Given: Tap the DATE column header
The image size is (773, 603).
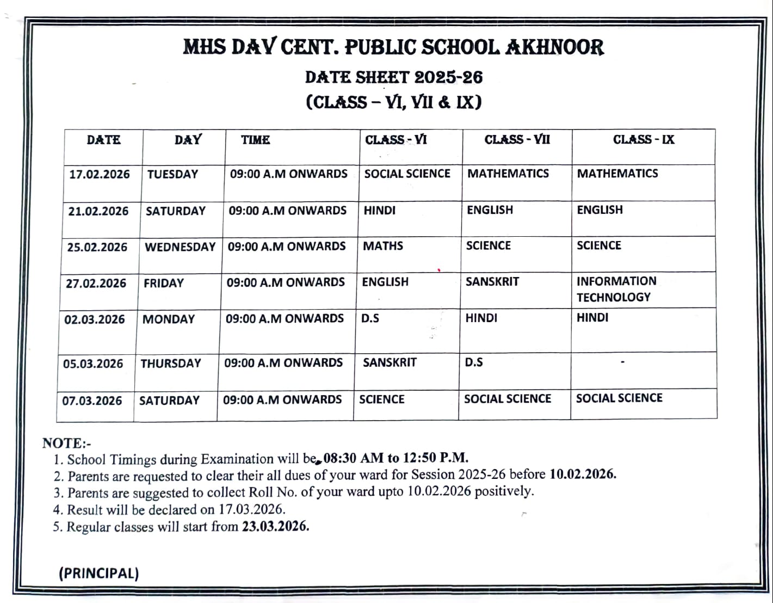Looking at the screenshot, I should [x=103, y=140].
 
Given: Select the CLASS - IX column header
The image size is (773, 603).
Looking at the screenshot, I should [x=644, y=140].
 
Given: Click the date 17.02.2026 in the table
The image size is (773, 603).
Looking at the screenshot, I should [x=100, y=175].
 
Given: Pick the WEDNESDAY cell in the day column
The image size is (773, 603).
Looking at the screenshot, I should [x=180, y=247].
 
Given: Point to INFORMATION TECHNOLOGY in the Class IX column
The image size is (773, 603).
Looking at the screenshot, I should [x=616, y=289].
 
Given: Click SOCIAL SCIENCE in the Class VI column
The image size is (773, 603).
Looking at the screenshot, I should [x=407, y=174].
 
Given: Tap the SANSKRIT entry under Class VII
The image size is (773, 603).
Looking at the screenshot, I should [x=492, y=282].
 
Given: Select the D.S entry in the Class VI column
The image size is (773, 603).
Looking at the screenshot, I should [x=370, y=318].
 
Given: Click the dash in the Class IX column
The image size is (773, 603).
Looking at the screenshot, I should [x=622, y=361].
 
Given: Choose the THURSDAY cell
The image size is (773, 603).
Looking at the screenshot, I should [x=171, y=364].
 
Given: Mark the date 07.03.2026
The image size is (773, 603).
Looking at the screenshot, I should [x=92, y=401].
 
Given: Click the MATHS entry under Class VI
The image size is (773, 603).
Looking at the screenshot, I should [x=383, y=246].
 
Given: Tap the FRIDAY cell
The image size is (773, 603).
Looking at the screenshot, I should [x=164, y=283].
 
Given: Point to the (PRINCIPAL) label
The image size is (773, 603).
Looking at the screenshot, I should [x=99, y=574].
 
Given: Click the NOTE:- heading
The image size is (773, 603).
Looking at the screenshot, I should [x=66, y=443].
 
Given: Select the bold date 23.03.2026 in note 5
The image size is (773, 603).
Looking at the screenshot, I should [x=275, y=526].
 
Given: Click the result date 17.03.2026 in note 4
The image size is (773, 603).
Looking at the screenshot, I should [x=252, y=509].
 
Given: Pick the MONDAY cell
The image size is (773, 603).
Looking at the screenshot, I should [x=169, y=319].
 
